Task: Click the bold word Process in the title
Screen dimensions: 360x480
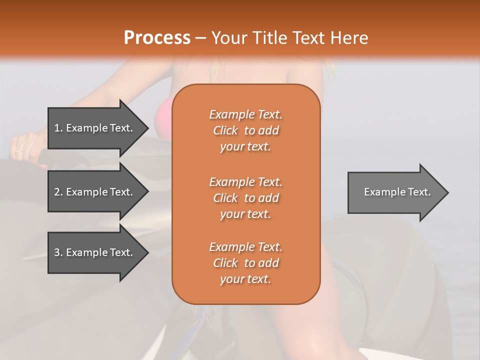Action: coord(157,38)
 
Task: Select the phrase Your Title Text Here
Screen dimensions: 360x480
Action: coord(289,38)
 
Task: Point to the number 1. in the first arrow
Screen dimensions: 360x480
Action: coord(58,128)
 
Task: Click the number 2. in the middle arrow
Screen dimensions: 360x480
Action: coord(58,192)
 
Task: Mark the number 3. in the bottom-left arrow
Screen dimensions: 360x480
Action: coord(58,252)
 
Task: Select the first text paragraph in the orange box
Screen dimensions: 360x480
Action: coord(245,130)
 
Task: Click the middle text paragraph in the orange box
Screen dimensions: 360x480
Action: coord(245,197)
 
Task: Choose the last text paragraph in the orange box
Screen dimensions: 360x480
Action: coord(245,263)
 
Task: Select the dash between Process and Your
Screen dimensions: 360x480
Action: coord(201,38)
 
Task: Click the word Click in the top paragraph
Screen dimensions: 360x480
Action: coord(225,130)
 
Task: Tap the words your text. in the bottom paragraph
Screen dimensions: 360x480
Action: coord(245,279)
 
